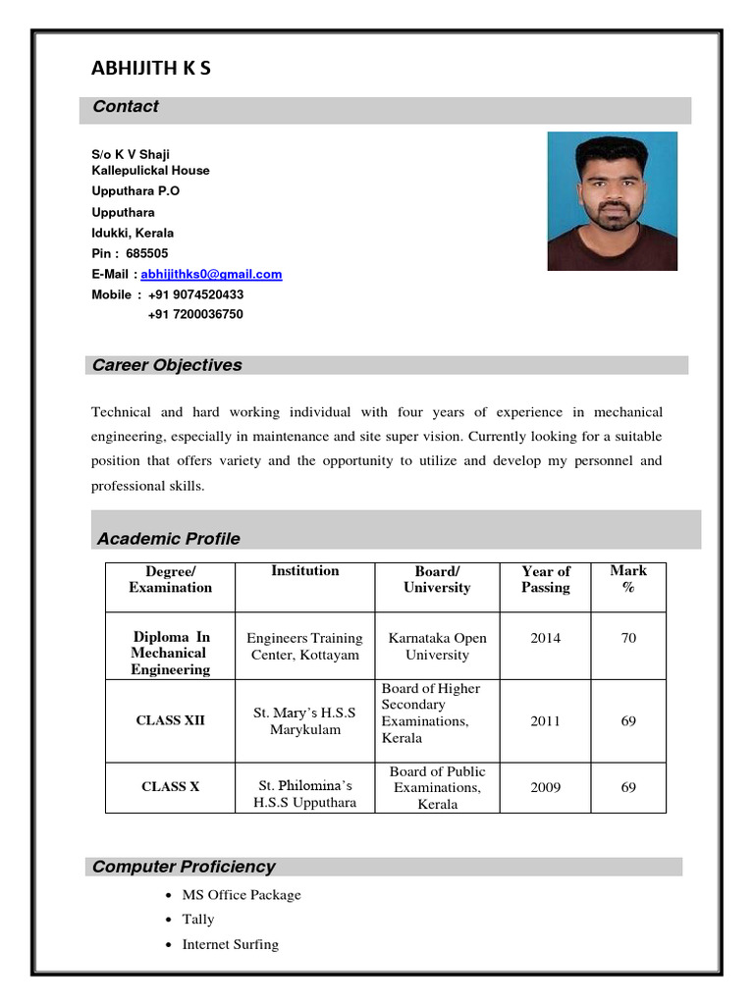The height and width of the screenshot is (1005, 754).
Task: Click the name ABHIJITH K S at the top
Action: click(150, 68)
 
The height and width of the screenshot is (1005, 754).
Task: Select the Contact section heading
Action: click(125, 107)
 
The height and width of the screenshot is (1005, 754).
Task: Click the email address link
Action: click(211, 275)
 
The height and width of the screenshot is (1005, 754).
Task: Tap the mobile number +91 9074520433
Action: click(195, 294)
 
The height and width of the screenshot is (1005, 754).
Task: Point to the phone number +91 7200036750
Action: click(195, 315)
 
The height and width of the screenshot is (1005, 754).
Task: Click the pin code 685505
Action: click(147, 253)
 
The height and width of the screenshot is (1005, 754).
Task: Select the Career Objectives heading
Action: click(166, 365)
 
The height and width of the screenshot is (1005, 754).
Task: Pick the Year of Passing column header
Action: click(545, 579)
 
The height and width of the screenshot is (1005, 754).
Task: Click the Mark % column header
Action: click(628, 579)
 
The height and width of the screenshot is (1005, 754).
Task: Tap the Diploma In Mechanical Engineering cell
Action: click(170, 654)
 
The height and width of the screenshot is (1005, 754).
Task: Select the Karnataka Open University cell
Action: click(437, 646)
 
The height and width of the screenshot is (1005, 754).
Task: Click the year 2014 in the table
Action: click(545, 638)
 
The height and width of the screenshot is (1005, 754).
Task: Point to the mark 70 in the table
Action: click(628, 638)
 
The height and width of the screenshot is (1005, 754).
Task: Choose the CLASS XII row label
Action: click(170, 720)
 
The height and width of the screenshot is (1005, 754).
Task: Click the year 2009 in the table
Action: click(545, 787)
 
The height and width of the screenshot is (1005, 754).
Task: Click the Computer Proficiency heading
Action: click(184, 867)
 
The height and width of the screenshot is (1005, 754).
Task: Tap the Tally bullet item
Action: click(197, 920)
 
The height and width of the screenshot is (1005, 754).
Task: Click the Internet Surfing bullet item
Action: click(230, 944)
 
